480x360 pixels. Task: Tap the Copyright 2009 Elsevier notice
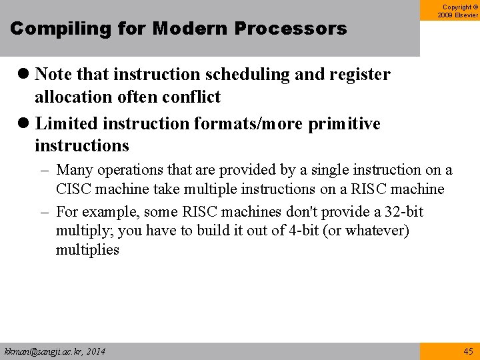pyautogui.click(x=457, y=10)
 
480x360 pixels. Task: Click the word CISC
pyautogui.click(x=75, y=189)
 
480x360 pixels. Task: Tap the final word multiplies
pyautogui.click(x=87, y=250)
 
